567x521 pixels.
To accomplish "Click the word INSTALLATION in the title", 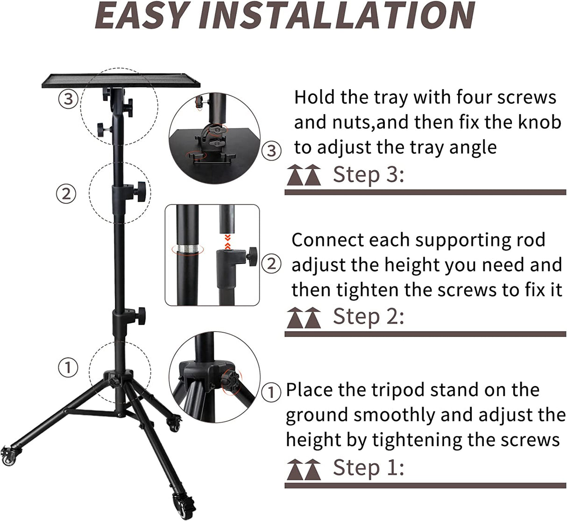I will [x=336, y=15].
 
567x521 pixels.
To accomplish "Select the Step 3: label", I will [x=368, y=175].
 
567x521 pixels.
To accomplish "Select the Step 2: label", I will [x=368, y=316].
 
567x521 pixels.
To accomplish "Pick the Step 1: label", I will [x=368, y=467].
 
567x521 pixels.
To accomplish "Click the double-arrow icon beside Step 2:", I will [x=304, y=318].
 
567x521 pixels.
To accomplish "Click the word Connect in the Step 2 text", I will [x=328, y=240].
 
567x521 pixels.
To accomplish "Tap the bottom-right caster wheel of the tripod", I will [x=180, y=504].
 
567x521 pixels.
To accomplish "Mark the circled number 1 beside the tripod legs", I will [x=68, y=367].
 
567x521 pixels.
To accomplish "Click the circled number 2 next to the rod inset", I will [x=271, y=264].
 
